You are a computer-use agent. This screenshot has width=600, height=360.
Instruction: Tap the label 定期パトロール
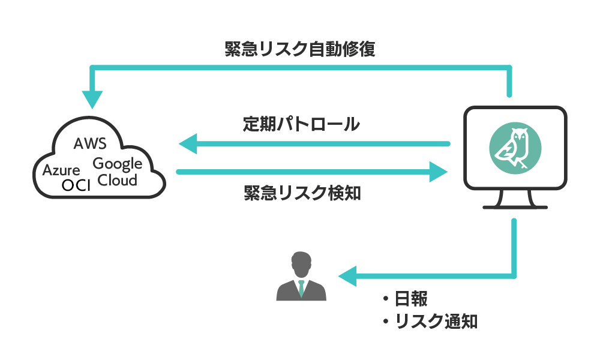[x=302, y=124]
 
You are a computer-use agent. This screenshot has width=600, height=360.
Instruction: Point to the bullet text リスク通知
[x=436, y=321]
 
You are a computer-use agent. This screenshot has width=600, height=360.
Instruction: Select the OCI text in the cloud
[x=76, y=185]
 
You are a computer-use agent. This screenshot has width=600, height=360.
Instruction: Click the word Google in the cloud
[x=118, y=164]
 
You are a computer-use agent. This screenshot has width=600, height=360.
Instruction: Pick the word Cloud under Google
[x=118, y=179]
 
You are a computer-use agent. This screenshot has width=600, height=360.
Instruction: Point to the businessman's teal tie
[x=301, y=287]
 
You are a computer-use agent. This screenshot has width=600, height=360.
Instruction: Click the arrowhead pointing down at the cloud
[x=92, y=98]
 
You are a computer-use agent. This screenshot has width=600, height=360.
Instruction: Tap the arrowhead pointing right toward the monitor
[x=439, y=172]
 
